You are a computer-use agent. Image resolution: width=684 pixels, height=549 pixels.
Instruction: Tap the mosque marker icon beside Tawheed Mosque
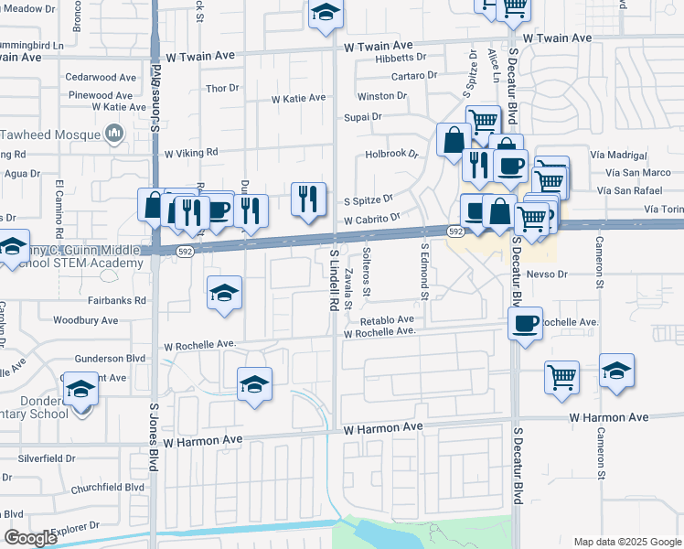[115, 135]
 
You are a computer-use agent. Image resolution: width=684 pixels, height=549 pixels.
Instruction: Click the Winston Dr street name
[381, 95]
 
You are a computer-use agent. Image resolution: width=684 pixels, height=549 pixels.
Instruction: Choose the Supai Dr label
[362, 117]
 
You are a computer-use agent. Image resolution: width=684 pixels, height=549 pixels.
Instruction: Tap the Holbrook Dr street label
[390, 155]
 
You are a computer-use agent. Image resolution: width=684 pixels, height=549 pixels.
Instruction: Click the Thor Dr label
[222, 89]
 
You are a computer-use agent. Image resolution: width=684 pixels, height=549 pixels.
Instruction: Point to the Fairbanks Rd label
[116, 300]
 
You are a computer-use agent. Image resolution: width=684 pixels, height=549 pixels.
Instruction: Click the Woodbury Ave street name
[86, 320]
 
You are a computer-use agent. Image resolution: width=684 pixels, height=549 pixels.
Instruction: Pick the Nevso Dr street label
[549, 274]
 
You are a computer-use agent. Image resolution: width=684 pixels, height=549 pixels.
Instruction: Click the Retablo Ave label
[387, 321]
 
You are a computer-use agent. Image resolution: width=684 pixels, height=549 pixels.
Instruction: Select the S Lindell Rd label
[335, 279]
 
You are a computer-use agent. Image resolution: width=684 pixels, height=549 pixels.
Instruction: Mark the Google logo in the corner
[31, 538]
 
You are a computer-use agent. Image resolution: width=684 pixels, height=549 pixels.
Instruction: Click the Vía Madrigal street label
[620, 155]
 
